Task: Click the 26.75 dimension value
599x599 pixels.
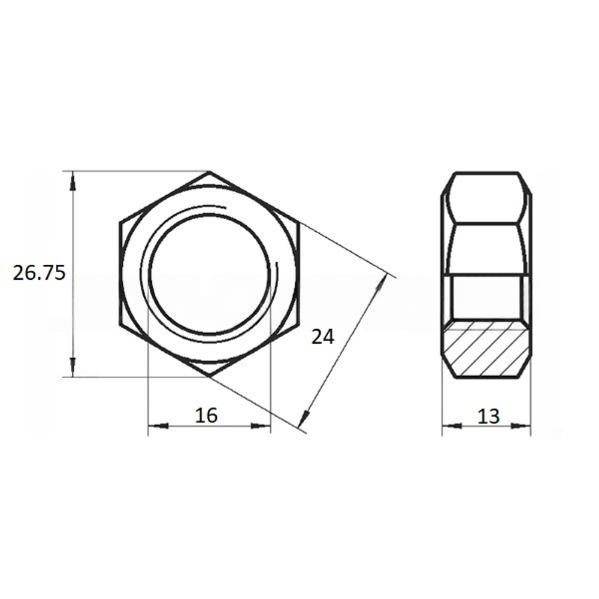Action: pyautogui.click(x=39, y=273)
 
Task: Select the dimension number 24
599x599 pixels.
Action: pyautogui.click(x=323, y=337)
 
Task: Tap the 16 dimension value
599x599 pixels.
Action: pyautogui.click(x=206, y=415)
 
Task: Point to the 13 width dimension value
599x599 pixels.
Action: pyautogui.click(x=489, y=416)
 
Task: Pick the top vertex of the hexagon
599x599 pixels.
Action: pyautogui.click(x=209, y=171)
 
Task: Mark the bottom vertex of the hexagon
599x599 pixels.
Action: pyautogui.click(x=209, y=377)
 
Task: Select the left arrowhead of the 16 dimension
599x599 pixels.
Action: pyautogui.click(x=158, y=425)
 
